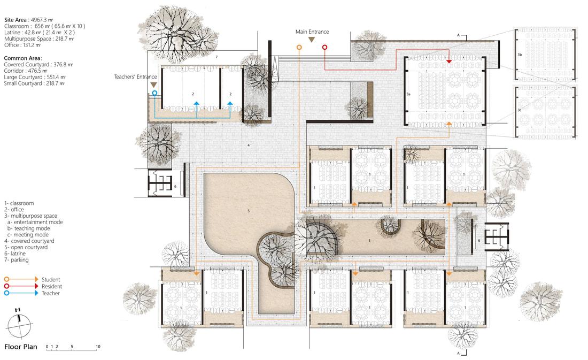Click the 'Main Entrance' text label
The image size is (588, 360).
click(312, 32)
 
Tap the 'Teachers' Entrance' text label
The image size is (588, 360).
click(136, 77)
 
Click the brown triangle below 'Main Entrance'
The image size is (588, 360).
click(312, 41)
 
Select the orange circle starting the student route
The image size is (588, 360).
click(299, 48)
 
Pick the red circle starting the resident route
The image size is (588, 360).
click(324, 48)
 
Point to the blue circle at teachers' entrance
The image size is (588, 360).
click(154, 93)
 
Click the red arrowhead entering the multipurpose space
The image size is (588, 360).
click(449, 62)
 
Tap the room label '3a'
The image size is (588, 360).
click(408, 94)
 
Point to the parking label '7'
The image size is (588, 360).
click(216, 57)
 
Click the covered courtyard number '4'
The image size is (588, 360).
click(248, 145)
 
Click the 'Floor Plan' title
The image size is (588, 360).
click(20, 347)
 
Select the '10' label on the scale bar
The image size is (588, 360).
click(98, 347)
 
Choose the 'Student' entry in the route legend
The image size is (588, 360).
click(51, 279)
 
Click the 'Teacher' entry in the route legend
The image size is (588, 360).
click(51, 293)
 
